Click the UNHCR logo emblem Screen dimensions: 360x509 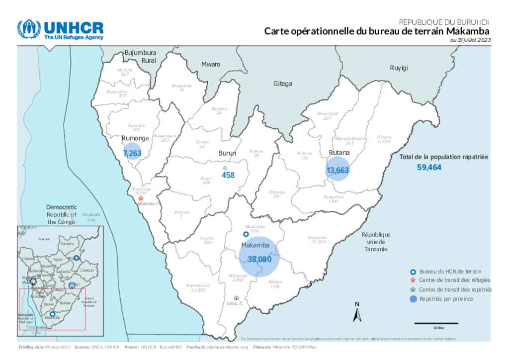point(28,29)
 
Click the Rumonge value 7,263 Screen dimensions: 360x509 point(132,154)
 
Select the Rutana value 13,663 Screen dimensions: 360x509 point(338,170)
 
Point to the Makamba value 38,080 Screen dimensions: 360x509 point(259,259)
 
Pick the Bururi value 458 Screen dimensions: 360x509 point(228,175)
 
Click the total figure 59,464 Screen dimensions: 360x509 point(429,168)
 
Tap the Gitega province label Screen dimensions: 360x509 point(283,84)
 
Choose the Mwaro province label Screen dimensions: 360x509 point(211,64)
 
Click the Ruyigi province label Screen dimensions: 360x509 point(399,68)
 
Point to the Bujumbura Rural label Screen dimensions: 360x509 point(140,56)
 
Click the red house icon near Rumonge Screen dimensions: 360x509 point(141,197)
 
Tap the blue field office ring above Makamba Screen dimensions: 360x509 point(246,234)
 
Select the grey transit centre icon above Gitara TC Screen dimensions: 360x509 point(236,297)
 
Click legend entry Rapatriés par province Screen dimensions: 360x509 point(446,299)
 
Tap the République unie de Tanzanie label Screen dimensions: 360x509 point(376,242)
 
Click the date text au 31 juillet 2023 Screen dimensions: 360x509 point(470,40)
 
